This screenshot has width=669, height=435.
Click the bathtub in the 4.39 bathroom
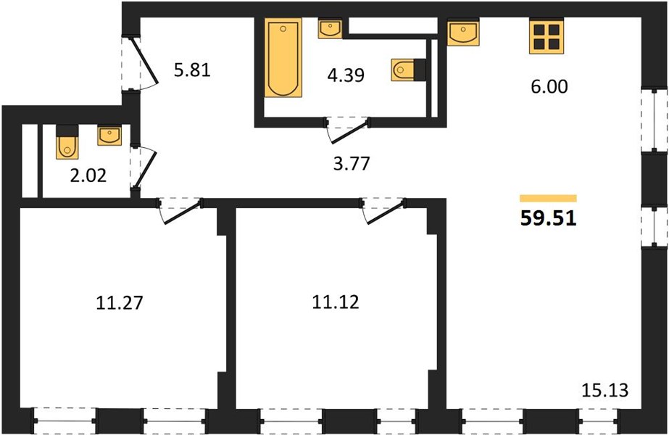[283, 57]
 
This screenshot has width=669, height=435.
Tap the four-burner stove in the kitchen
[547, 36]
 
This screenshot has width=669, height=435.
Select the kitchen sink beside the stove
[463, 32]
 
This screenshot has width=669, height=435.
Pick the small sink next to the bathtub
[330, 28]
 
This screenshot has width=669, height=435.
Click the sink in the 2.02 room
[109, 136]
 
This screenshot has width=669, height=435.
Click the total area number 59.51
[548, 218]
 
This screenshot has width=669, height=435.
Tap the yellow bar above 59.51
[548, 198]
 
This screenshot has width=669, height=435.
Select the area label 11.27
[120, 302]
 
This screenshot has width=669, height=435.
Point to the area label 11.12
[336, 302]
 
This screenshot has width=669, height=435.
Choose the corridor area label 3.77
[351, 164]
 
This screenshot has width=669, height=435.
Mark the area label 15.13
[605, 390]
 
